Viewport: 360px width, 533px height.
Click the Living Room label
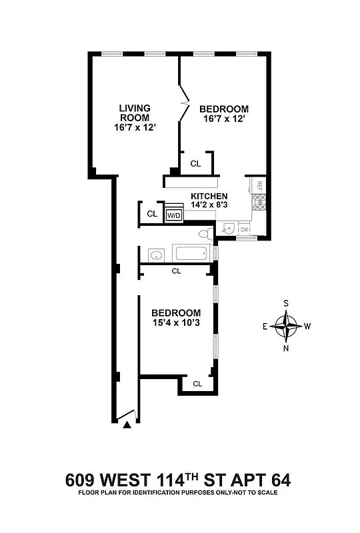click(x=134, y=113)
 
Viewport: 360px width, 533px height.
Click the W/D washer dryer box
click(x=174, y=215)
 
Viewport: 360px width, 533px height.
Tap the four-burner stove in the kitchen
click(x=261, y=202)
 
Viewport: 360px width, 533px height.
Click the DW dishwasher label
click(x=244, y=230)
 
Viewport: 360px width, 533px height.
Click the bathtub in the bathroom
click(x=192, y=254)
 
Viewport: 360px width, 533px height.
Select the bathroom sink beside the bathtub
click(x=156, y=255)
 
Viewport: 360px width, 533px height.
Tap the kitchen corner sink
click(x=229, y=229)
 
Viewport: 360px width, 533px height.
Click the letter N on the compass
click(x=287, y=347)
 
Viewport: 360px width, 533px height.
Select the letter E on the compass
click(x=265, y=326)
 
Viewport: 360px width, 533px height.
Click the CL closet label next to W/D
click(x=152, y=214)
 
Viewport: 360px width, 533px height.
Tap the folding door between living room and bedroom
click(x=182, y=103)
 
